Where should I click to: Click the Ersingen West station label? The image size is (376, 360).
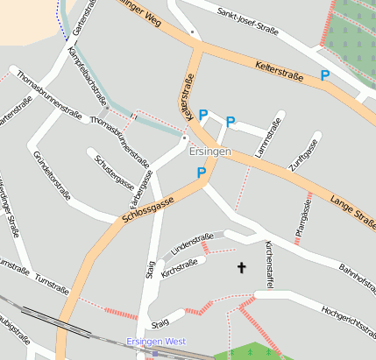coord(156,341)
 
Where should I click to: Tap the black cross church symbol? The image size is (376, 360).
coord(241,266)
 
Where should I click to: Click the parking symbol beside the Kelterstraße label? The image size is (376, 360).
coord(325,76)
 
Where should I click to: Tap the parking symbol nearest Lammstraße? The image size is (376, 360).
coord(231,123)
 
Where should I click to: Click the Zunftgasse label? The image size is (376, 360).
coord(302,152)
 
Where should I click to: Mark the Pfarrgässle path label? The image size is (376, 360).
coord(302,215)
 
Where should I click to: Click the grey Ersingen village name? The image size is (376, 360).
coord(210,152)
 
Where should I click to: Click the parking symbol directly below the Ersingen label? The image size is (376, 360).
coord(202,173)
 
